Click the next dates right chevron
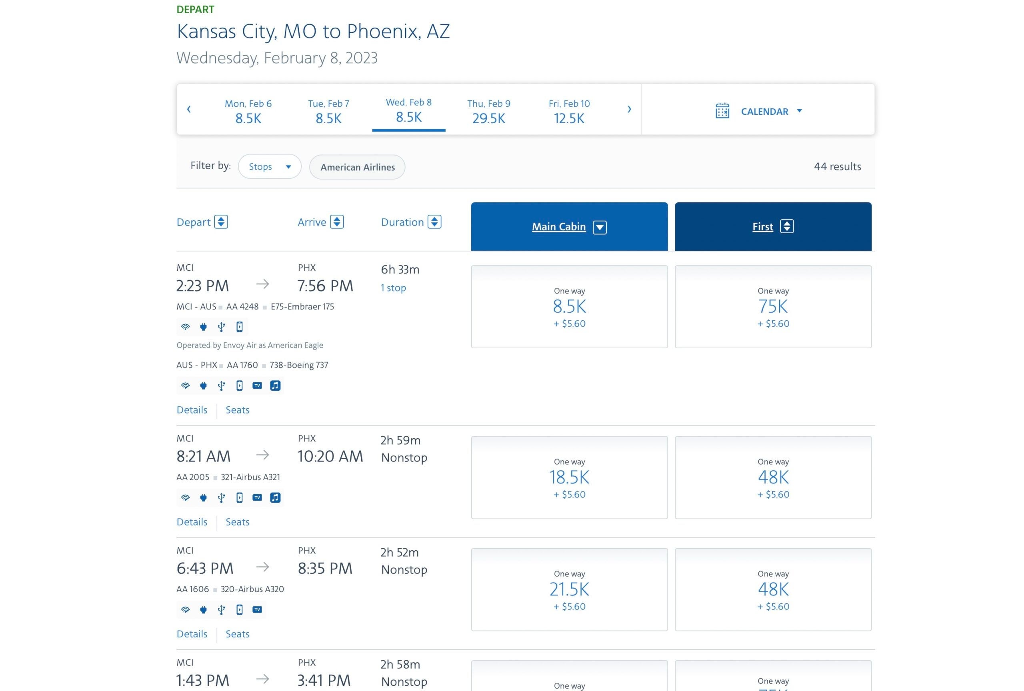click(x=629, y=109)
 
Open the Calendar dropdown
click(x=758, y=111)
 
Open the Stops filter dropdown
click(x=270, y=166)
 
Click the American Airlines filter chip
click(x=357, y=167)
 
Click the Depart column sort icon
click(x=221, y=222)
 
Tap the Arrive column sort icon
click(x=337, y=222)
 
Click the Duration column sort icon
click(x=434, y=222)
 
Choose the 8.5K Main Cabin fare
click(x=569, y=307)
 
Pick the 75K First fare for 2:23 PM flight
click(x=773, y=307)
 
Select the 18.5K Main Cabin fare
click(x=569, y=477)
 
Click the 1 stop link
click(x=393, y=288)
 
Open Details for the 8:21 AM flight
click(x=192, y=522)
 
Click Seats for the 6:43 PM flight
click(x=238, y=634)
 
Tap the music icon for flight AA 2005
click(x=275, y=498)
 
